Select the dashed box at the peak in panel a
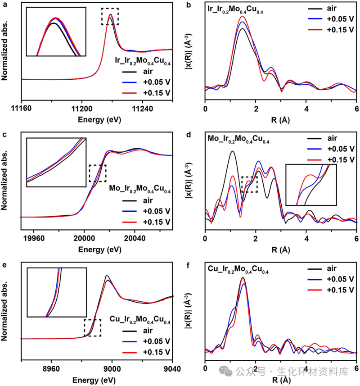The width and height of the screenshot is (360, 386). click(110, 16)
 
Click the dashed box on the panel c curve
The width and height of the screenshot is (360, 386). click(98, 173)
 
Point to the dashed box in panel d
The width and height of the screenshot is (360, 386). click(249, 184)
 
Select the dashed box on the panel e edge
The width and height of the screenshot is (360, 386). click(92, 327)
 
